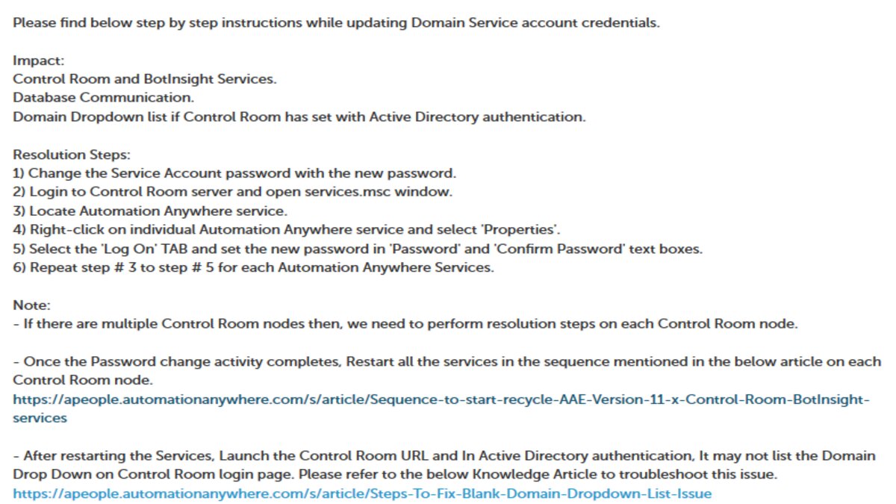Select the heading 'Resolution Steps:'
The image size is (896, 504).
pos(72,155)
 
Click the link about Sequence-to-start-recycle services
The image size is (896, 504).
pos(441,399)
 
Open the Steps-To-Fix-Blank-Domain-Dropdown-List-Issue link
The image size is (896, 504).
pos(362,494)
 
